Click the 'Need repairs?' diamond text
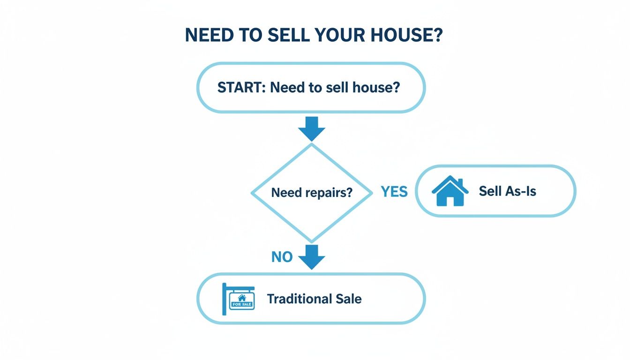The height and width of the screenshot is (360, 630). pos(311,192)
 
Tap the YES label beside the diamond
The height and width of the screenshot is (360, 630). pos(394,191)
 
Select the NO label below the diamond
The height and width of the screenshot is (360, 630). pos(282,256)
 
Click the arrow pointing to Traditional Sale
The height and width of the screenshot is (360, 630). pos(311,257)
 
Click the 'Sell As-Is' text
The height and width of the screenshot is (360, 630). pos(507,191)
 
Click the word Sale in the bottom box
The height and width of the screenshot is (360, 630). pos(349,299)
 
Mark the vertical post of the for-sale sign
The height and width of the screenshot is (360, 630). pos(224,299)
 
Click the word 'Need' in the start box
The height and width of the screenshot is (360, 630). pos(287,88)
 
